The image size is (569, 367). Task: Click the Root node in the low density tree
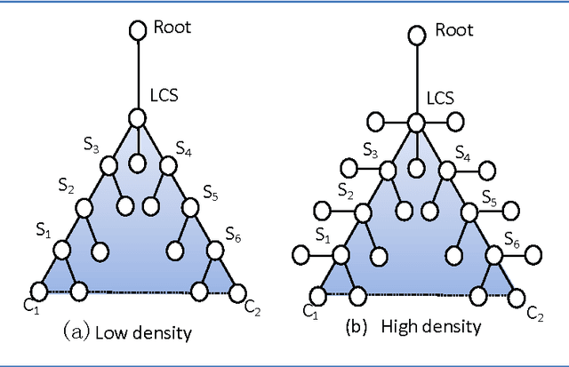pyautogui.click(x=137, y=31)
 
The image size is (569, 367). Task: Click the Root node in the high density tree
pyautogui.click(x=416, y=36)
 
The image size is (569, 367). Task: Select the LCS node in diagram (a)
pyautogui.click(x=137, y=117)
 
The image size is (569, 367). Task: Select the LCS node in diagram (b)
pyautogui.click(x=416, y=123)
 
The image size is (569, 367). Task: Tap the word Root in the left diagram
pyautogui.click(x=171, y=27)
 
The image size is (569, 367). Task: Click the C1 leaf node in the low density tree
pyautogui.click(x=39, y=290)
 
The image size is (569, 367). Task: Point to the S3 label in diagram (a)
pyautogui.click(x=91, y=147)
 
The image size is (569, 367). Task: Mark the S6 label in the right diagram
pyautogui.click(x=512, y=238)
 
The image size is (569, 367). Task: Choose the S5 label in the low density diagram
pyautogui.click(x=211, y=191)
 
